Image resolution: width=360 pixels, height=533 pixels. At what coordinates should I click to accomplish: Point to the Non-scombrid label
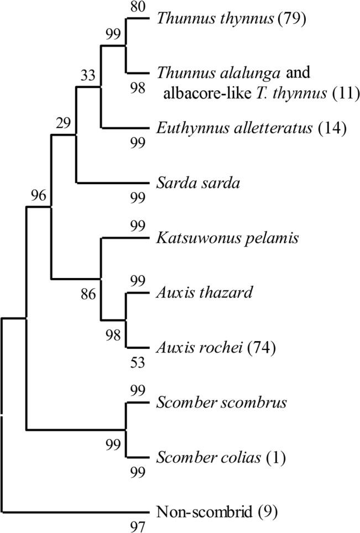pyautogui.click(x=199, y=512)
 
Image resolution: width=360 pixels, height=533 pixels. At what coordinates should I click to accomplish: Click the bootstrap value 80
pyautogui.click(x=135, y=7)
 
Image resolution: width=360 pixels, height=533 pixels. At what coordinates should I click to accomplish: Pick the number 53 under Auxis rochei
pyautogui.click(x=135, y=363)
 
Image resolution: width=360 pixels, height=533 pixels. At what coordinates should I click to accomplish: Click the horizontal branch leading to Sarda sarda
pyautogui.click(x=113, y=183)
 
